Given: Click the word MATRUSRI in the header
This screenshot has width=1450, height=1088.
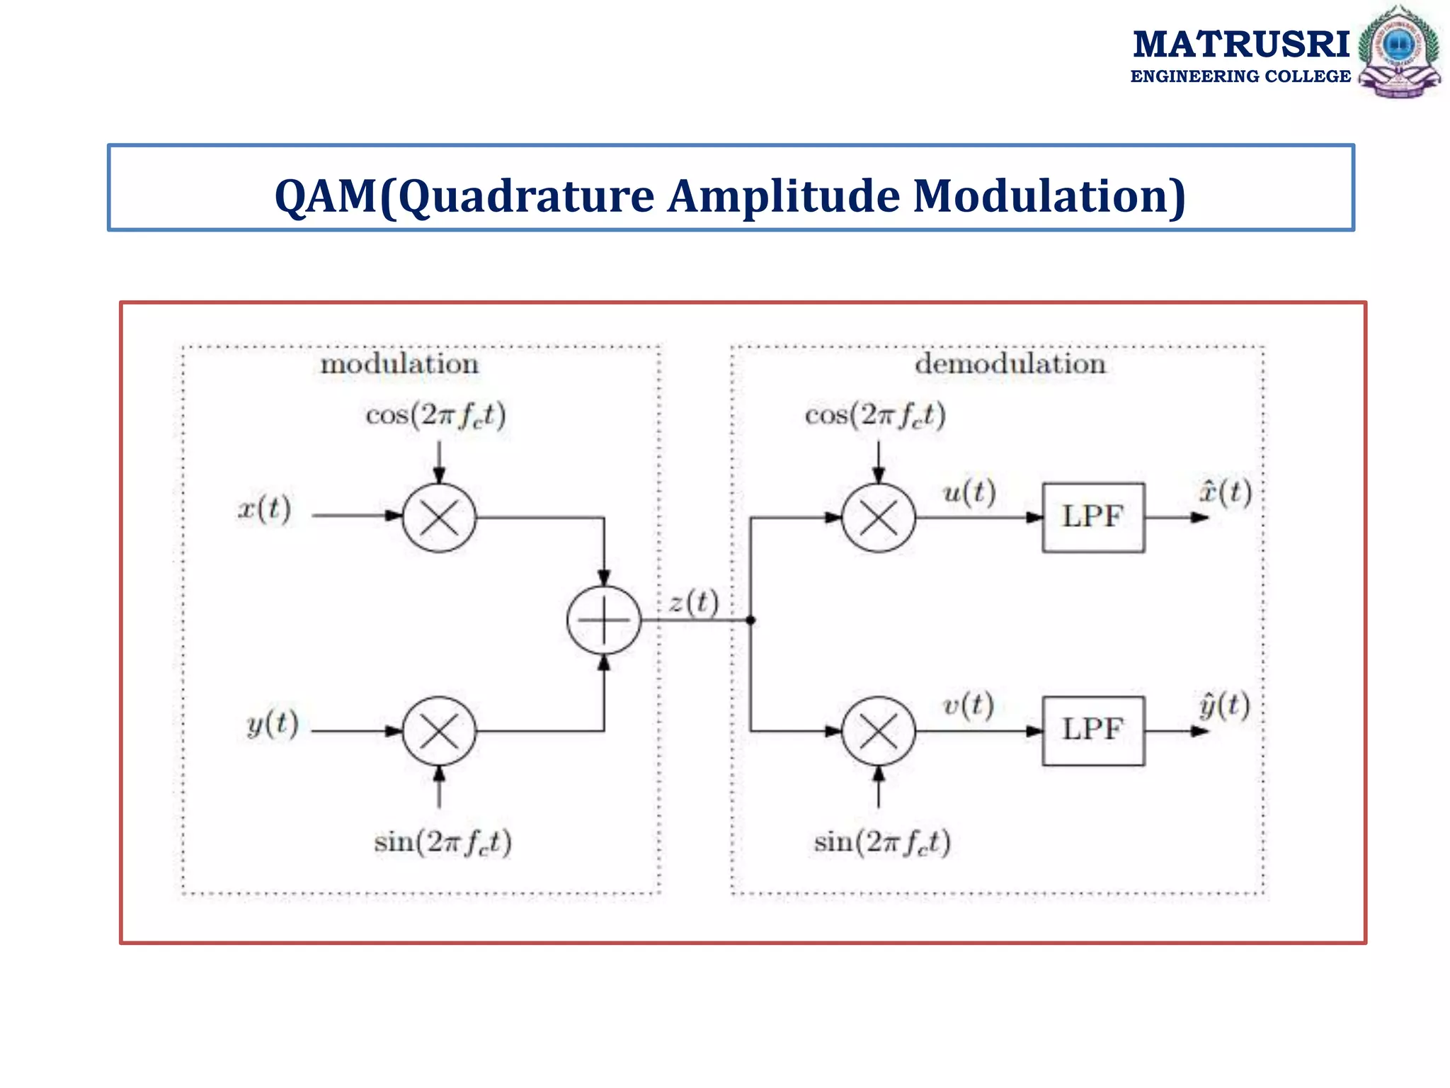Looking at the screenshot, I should pos(1240,45).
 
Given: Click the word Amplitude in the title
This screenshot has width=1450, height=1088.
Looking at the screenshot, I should pos(783,196).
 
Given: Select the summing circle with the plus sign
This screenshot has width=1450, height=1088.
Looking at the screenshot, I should pos(604,620).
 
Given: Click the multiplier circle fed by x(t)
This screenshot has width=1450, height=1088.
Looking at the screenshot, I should pos(439,518).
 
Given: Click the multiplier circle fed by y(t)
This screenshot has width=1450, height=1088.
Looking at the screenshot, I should pos(439,731).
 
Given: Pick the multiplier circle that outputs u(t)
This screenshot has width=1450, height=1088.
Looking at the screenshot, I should pos(879,518).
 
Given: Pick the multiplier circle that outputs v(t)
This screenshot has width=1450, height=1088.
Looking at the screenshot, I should pos(879,731).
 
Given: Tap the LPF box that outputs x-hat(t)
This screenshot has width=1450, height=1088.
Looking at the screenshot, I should pos(1093,518).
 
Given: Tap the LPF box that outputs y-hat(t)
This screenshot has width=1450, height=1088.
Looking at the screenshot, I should pos(1093,731).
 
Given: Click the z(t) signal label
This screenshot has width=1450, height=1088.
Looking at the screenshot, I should pos(694,602).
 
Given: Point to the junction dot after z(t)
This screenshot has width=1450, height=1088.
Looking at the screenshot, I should pos(750,620).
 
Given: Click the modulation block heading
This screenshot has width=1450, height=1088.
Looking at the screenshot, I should pos(400,364).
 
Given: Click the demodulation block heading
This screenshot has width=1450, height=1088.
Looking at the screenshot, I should pos(1010,364).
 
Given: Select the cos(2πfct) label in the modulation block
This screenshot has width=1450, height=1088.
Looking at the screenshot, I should pos(436,415).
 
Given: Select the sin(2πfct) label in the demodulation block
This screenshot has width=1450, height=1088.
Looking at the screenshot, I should pos(882,842).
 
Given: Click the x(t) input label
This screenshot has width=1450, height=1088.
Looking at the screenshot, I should pos(264,509).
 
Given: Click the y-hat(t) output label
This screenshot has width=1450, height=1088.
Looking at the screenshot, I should pos(1224,705).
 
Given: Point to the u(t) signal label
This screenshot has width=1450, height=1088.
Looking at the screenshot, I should pos(969,492).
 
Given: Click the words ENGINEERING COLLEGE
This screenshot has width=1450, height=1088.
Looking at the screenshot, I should pos(1240,76).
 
